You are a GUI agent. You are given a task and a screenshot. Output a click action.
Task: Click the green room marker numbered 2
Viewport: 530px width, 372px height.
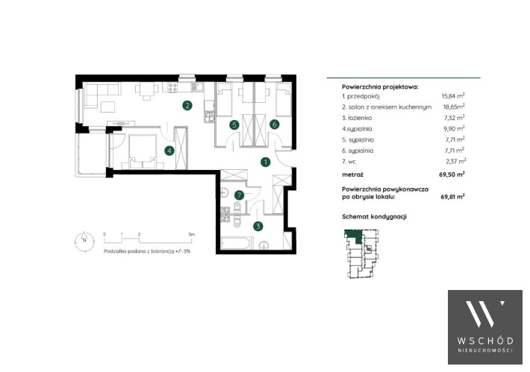pos(187,106)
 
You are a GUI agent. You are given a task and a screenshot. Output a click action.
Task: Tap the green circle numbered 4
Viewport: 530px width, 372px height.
pos(169,151)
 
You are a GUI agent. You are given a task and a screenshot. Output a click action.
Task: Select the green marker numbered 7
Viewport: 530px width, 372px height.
pos(240,195)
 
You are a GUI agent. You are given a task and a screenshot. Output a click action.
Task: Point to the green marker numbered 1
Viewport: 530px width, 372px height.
pos(266,162)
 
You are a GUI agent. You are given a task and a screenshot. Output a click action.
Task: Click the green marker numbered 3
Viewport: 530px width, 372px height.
pos(258,226)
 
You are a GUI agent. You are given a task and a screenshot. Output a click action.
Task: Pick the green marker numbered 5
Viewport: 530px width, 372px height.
pos(234,125)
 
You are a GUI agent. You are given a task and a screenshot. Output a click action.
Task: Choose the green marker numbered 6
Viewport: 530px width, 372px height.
pos(275,124)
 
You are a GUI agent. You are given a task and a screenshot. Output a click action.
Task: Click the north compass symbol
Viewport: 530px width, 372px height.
pos(84,241)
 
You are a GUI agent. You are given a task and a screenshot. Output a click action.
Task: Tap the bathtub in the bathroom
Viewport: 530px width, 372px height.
pos(237,243)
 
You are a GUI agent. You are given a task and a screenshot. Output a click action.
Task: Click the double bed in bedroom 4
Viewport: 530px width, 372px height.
pos(143,151)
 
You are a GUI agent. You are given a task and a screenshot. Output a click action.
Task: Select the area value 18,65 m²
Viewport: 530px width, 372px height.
pos(454,107)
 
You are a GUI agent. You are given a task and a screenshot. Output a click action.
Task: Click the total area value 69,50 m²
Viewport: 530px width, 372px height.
pos(452,174)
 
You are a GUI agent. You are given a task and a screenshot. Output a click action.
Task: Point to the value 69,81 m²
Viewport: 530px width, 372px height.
pos(452,197)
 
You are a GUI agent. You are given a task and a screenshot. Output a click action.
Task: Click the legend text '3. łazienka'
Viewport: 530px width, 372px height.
pos(357,118)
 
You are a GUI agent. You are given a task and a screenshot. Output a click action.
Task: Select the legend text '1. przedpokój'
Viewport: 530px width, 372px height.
pos(361,96)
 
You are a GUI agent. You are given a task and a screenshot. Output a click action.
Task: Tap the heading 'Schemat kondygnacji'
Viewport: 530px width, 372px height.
pos(374,216)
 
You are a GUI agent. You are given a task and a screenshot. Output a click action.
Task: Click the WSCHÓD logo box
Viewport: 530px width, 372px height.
pos(485,327)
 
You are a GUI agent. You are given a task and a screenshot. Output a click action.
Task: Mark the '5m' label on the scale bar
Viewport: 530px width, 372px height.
pos(192,234)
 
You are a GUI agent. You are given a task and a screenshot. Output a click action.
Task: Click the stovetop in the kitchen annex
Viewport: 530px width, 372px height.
pos(172,87)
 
